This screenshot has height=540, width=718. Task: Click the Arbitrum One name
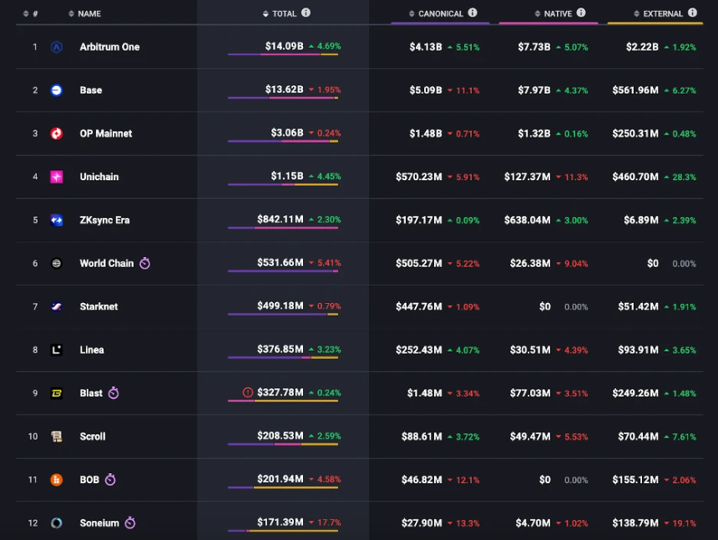[x=109, y=47]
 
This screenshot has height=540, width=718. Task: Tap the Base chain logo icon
[x=57, y=90]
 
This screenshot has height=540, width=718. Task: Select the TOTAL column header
[x=284, y=13]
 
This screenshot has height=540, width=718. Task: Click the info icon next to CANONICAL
[x=473, y=13]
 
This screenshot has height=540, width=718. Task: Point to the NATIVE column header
[x=558, y=13]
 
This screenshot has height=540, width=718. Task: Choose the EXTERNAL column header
[x=663, y=13]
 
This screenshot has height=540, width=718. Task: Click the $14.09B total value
[x=284, y=46]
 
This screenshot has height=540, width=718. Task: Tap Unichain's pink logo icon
[x=57, y=177]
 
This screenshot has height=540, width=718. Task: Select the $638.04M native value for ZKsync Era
[x=527, y=220]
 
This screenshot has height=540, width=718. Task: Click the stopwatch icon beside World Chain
[x=144, y=263]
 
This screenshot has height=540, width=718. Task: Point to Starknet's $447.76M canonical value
[x=419, y=306]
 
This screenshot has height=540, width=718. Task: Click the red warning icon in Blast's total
[x=247, y=392]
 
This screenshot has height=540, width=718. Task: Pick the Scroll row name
[x=93, y=437]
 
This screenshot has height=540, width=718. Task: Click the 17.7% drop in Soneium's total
[x=328, y=522]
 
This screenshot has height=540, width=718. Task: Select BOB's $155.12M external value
[x=635, y=480]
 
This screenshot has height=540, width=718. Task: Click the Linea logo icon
[x=57, y=350]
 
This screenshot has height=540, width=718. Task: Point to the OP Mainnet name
[x=106, y=134]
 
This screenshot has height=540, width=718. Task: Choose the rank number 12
[x=33, y=523]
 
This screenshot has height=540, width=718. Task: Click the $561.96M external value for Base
[x=635, y=90]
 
